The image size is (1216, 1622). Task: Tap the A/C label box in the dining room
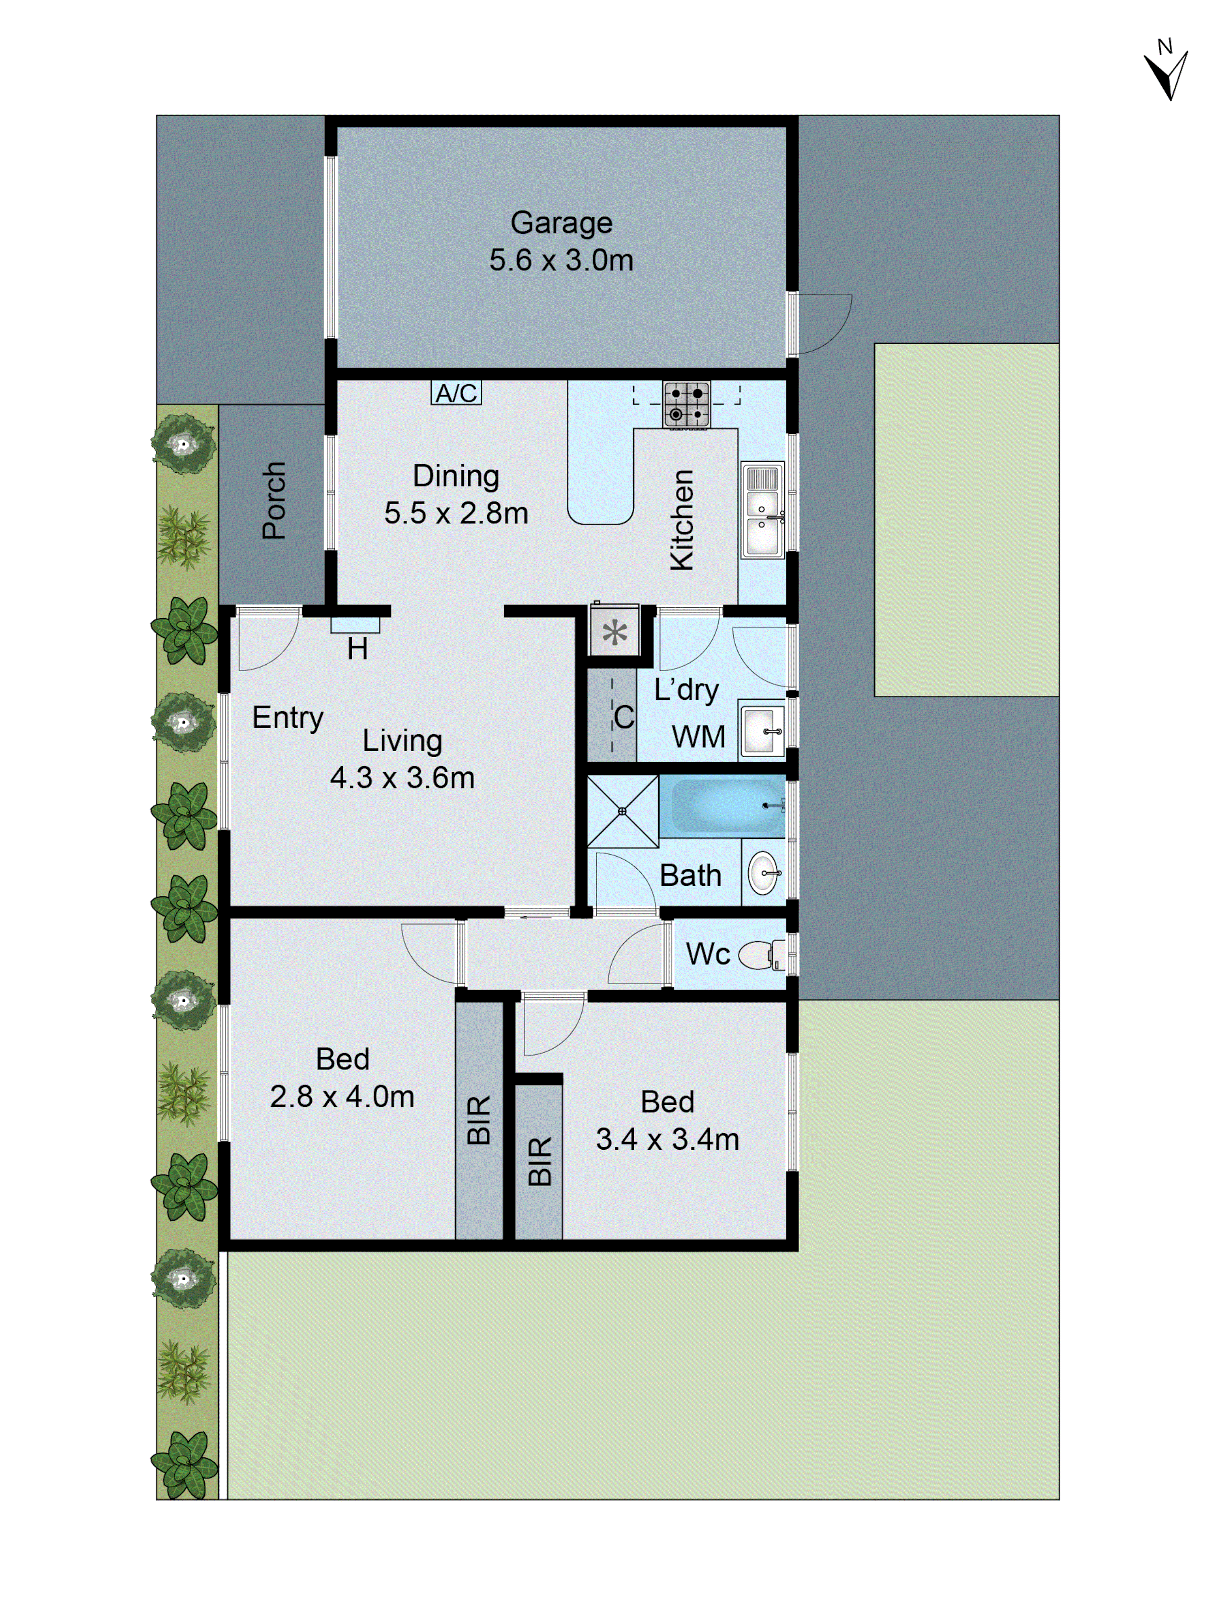(x=456, y=393)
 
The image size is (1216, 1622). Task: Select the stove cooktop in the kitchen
(x=686, y=404)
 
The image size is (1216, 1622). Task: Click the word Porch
(x=274, y=500)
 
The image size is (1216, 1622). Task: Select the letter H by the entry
(x=357, y=649)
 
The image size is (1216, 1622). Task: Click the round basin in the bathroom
(x=763, y=872)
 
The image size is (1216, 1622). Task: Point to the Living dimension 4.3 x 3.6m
(x=402, y=777)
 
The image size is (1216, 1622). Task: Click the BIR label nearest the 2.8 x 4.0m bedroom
(x=479, y=1120)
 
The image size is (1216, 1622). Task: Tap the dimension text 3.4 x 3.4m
(x=667, y=1139)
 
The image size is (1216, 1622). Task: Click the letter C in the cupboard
(x=624, y=717)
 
